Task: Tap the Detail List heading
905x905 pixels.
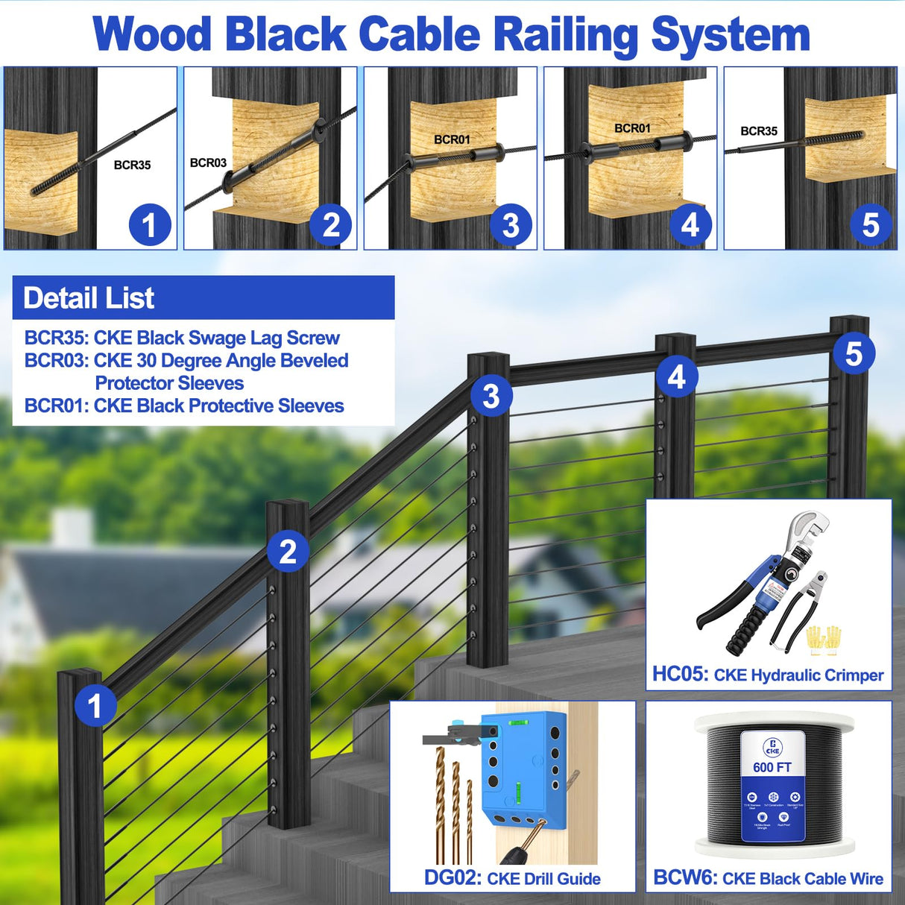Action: click(x=89, y=298)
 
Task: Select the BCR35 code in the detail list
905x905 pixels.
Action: click(x=56, y=338)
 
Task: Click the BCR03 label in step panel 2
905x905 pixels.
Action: click(x=208, y=163)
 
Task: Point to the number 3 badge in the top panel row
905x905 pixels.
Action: click(x=511, y=225)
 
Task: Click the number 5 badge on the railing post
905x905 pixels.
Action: click(x=854, y=353)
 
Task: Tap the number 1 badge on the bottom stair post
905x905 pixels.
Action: click(x=94, y=705)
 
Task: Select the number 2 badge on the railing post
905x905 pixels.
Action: click(x=288, y=552)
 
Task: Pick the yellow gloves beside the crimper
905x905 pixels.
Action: click(x=823, y=640)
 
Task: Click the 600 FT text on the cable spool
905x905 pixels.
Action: click(x=772, y=767)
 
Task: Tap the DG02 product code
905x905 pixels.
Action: click(x=452, y=877)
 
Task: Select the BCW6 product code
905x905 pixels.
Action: click(x=684, y=877)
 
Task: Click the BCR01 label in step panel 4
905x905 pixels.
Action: click(x=632, y=128)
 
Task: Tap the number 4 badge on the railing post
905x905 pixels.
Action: click(x=676, y=376)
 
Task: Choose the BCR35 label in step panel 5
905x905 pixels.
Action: click(x=759, y=131)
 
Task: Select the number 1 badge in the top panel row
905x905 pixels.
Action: click(x=150, y=225)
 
